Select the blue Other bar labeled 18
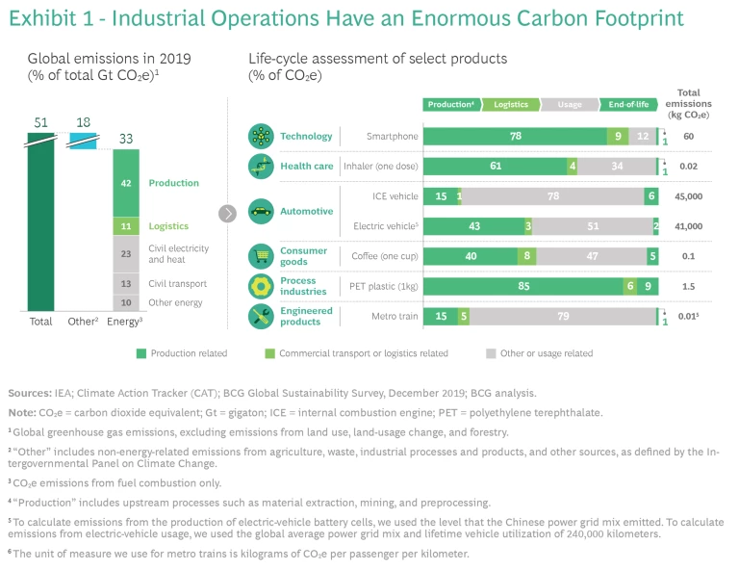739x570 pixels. [x=84, y=141]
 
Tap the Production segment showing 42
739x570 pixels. [x=126, y=183]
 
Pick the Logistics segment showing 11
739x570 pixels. [x=126, y=226]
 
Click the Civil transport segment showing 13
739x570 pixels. [x=126, y=284]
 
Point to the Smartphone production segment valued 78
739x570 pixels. [x=515, y=137]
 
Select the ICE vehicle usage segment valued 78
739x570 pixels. [x=553, y=196]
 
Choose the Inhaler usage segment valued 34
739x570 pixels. [x=616, y=166]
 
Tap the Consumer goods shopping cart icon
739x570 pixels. [x=261, y=256]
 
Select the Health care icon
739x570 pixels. [x=261, y=166]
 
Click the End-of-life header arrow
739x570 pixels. [x=627, y=104]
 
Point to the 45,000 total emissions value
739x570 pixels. [x=689, y=196]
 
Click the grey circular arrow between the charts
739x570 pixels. [x=228, y=213]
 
